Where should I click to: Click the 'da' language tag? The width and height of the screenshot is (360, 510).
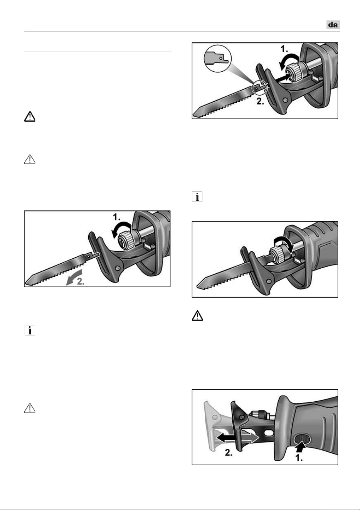[x=333, y=25]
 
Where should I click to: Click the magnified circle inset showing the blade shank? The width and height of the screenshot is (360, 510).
[x=217, y=59]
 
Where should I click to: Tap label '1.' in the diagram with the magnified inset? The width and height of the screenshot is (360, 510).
[x=284, y=49]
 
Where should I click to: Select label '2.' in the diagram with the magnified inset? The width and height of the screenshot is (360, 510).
[x=260, y=101]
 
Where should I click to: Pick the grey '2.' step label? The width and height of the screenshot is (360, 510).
[x=81, y=281]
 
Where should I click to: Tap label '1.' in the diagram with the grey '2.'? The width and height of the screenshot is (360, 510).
[x=117, y=217]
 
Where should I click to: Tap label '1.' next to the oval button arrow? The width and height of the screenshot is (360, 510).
[x=299, y=458]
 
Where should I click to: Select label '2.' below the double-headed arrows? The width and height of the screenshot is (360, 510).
[x=229, y=453]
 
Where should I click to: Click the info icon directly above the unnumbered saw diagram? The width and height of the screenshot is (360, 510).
[x=197, y=197]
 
